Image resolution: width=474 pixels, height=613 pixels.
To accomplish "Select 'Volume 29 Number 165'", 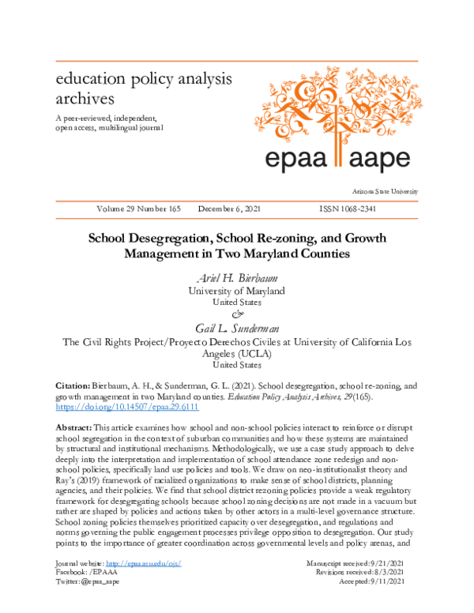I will tap(138, 209).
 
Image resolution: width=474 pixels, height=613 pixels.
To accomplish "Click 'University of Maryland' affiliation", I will tap(236, 291).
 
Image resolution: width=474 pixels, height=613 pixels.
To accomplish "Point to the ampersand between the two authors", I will tap(236, 314).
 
